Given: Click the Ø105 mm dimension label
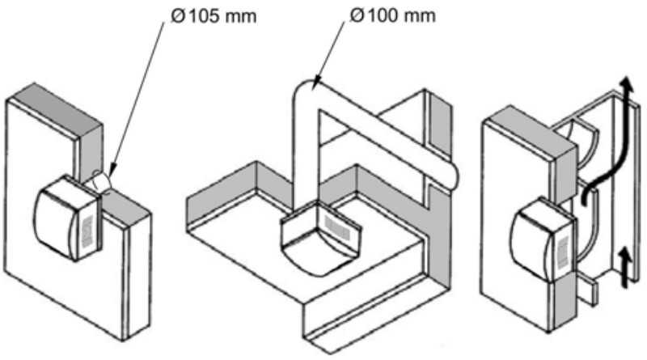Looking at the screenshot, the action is tap(214, 16).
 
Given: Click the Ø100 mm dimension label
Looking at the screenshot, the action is tap(392, 15).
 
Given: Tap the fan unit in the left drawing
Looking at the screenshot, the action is tap(67, 218).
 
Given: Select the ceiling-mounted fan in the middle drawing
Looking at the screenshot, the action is tap(320, 239).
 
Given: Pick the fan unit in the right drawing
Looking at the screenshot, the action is tap(543, 237).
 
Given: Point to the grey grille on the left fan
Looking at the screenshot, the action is tap(88, 232).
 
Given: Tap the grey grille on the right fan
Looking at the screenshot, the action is tap(563, 248).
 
